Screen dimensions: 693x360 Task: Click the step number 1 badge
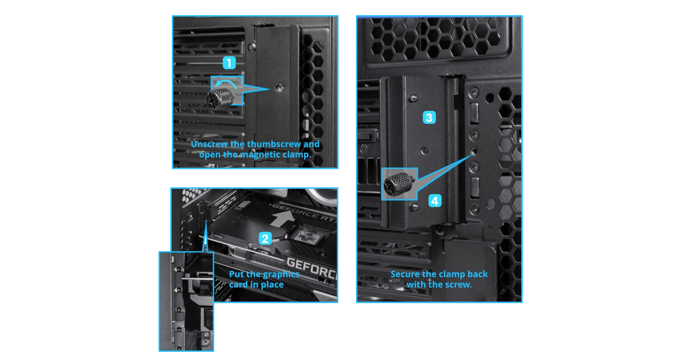[x=229, y=63]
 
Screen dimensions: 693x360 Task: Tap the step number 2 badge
[x=265, y=239]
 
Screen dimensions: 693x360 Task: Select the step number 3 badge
[x=429, y=118]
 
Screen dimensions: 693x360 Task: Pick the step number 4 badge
[x=435, y=201]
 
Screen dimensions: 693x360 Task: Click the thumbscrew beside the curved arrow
[x=220, y=99]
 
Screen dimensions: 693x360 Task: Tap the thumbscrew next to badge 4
[x=399, y=184]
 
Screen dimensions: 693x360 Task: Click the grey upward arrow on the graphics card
[x=282, y=219]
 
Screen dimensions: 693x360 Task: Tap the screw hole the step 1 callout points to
[x=280, y=88]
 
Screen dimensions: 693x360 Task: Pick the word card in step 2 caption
[x=238, y=285]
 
